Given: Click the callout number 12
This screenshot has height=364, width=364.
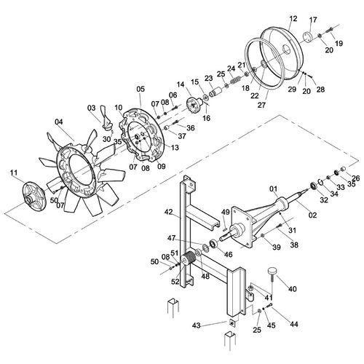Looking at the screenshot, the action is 293,18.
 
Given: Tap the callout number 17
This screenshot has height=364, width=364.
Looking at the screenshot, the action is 313,20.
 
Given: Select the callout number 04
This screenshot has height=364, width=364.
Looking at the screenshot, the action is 58,122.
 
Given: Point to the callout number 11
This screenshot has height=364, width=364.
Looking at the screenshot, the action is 14,173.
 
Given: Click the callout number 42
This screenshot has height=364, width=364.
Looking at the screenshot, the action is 169,212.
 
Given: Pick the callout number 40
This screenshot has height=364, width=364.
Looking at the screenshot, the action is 293,289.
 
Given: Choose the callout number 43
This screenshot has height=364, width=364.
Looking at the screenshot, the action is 197,325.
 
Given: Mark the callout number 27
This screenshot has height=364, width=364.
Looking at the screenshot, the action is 261,105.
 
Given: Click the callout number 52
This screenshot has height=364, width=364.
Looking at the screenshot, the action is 175,282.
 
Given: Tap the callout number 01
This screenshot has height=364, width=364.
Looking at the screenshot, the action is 274,189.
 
